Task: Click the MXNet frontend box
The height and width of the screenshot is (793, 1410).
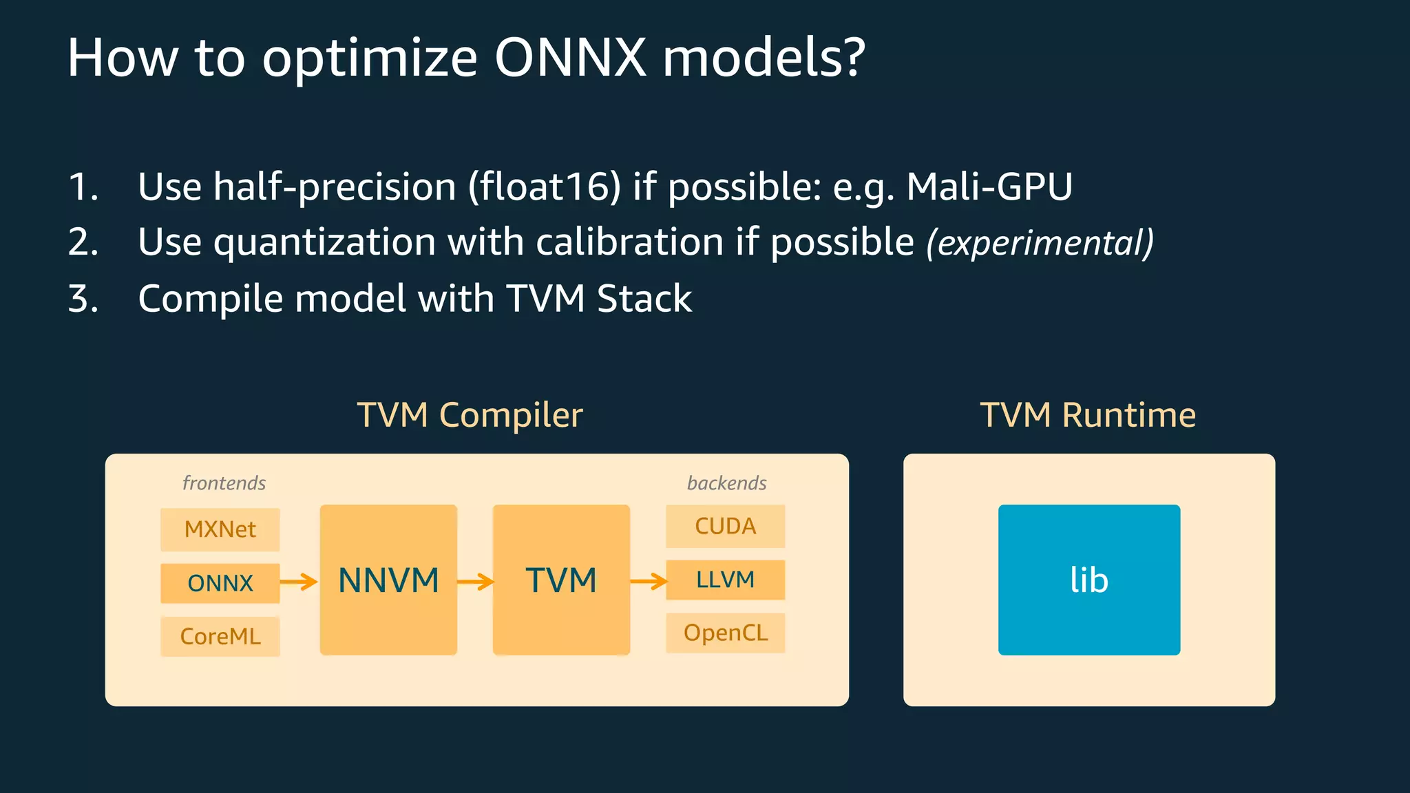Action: pyautogui.click(x=220, y=529)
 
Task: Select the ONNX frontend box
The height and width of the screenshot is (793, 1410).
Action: pyautogui.click(x=220, y=583)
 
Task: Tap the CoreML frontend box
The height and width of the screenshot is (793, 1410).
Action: pyautogui.click(x=220, y=636)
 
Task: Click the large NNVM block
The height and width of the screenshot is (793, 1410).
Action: pyautogui.click(x=388, y=580)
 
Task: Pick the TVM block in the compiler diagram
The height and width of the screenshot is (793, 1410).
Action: pyautogui.click(x=561, y=580)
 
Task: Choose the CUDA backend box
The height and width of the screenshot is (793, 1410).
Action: pyautogui.click(x=725, y=527)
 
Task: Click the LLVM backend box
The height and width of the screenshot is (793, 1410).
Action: pyautogui.click(x=725, y=580)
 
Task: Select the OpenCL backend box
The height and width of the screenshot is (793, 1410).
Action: pyautogui.click(x=725, y=633)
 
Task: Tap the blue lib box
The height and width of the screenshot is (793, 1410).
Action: pyautogui.click(x=1088, y=580)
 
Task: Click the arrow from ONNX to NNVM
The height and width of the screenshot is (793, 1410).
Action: pyautogui.click(x=299, y=582)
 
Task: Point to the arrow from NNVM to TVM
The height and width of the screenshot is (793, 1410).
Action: pyautogui.click(x=475, y=582)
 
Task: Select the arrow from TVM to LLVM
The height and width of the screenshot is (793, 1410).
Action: pyautogui.click(x=649, y=582)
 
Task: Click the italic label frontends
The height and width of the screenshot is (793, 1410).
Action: pyautogui.click(x=224, y=483)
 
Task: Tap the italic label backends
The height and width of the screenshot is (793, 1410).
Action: pyautogui.click(x=726, y=483)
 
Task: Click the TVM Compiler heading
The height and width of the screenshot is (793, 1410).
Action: pyautogui.click(x=470, y=415)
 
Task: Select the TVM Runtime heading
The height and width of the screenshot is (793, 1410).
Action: pyautogui.click(x=1088, y=415)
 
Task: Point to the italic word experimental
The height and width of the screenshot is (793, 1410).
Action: pyautogui.click(x=1040, y=243)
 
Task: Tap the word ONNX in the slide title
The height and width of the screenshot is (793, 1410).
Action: pyautogui.click(x=570, y=58)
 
